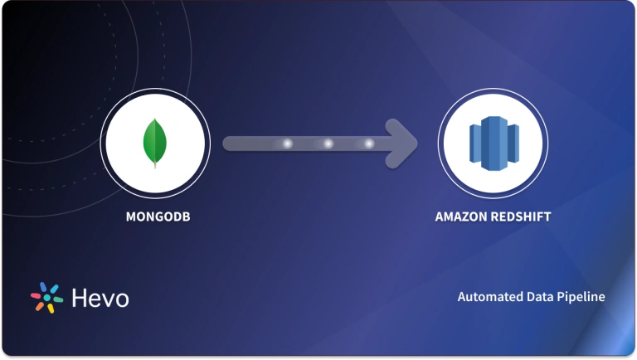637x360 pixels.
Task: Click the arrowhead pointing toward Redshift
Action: (x=403, y=143)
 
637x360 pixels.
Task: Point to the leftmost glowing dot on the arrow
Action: (x=288, y=144)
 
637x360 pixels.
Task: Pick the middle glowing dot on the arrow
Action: (x=328, y=144)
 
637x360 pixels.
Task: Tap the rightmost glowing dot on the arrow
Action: (x=368, y=144)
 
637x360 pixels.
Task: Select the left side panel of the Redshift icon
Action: (x=474, y=144)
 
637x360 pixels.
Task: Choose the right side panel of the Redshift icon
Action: (x=512, y=144)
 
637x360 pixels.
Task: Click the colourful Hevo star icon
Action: (x=46, y=297)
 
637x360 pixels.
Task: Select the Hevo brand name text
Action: (x=100, y=297)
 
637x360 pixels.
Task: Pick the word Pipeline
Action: (x=581, y=297)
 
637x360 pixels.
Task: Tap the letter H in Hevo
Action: (x=79, y=297)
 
